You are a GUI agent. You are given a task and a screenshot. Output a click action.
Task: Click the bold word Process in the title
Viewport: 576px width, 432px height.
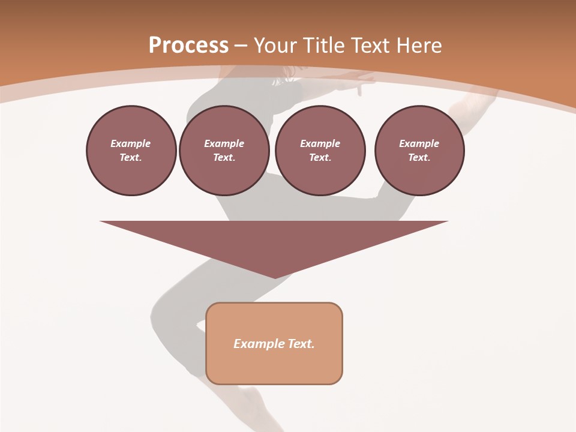[188, 46]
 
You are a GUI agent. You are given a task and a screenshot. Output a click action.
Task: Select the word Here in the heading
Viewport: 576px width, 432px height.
[419, 46]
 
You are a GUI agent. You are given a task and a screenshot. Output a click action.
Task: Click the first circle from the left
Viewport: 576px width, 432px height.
[131, 151]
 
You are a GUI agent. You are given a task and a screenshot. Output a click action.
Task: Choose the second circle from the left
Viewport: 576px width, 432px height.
[224, 151]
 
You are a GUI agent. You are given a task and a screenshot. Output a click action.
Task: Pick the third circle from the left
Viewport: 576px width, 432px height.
[320, 151]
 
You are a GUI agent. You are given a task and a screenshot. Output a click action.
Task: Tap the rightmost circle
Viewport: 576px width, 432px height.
[419, 151]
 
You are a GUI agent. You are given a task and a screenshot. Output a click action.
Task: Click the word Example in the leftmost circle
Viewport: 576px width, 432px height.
[131, 143]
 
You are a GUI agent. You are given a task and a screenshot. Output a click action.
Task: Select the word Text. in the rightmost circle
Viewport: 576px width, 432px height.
[419, 158]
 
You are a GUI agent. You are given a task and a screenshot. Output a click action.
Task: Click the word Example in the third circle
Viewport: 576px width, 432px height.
[320, 143]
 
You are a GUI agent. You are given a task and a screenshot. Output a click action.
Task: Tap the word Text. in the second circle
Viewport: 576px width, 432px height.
[224, 158]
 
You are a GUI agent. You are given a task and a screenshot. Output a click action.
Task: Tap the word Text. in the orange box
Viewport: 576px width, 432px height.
[301, 344]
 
